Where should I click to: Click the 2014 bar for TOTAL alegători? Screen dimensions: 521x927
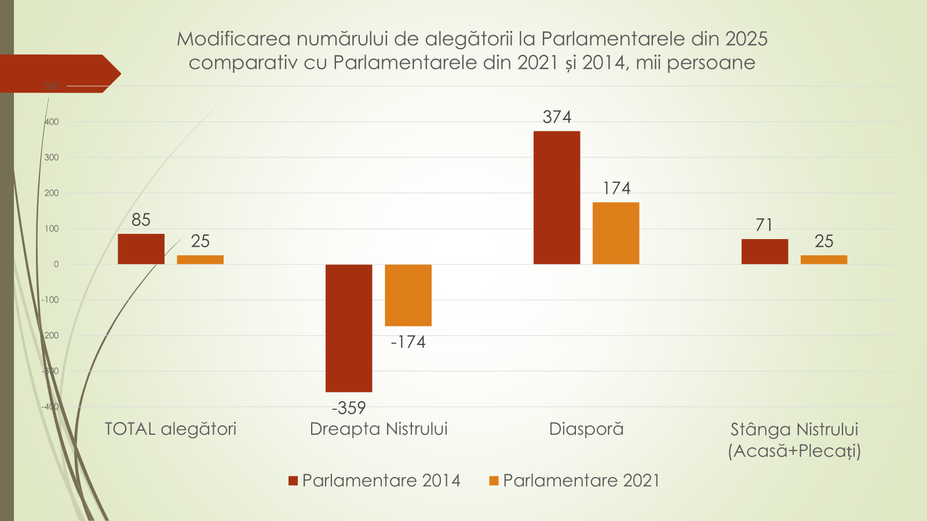click(x=141, y=249)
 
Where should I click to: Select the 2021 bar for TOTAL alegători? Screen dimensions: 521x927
click(x=200, y=259)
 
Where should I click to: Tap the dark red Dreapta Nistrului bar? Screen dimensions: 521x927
click(x=349, y=328)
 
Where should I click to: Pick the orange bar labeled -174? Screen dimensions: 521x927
click(x=408, y=295)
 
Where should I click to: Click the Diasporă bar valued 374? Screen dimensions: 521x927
click(x=557, y=197)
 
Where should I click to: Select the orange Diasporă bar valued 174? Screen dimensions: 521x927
click(x=616, y=233)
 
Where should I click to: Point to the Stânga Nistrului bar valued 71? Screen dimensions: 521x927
click(x=765, y=251)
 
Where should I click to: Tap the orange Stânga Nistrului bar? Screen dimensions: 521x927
click(x=824, y=259)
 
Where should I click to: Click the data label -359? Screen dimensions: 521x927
click(x=349, y=408)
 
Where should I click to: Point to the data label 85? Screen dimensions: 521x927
click(x=141, y=220)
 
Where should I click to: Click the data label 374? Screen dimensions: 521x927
click(x=557, y=117)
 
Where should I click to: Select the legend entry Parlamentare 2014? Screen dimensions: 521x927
click(x=375, y=480)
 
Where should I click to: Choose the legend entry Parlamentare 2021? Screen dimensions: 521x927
click(x=575, y=480)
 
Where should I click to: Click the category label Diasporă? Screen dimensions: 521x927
click(x=586, y=429)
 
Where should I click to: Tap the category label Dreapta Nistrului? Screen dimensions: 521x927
click(x=379, y=429)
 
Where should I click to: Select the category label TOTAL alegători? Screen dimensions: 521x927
click(x=170, y=429)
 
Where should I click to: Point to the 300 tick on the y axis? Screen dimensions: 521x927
click(x=52, y=157)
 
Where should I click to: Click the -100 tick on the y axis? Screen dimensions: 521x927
click(x=50, y=300)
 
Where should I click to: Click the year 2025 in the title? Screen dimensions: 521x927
click(x=746, y=39)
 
